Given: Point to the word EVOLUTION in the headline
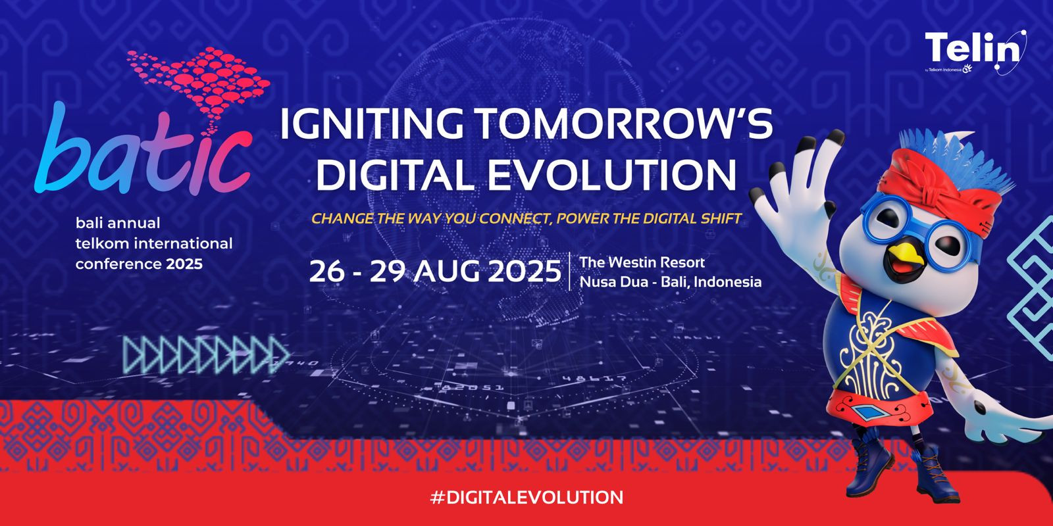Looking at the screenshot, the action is (x=611, y=174).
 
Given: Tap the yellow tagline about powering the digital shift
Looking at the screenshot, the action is (x=526, y=218).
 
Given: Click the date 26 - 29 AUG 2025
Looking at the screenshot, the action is (x=435, y=272).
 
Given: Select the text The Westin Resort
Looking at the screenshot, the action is (x=642, y=262).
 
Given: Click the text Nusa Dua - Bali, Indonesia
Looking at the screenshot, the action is (x=671, y=282).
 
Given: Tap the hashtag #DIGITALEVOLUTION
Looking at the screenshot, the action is (x=526, y=497).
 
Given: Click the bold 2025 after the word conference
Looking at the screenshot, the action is (x=184, y=264).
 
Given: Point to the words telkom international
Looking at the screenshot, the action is (x=154, y=243).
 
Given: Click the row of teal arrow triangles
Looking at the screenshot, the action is (x=206, y=354).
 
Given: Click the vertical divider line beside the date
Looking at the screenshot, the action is (x=570, y=272).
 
